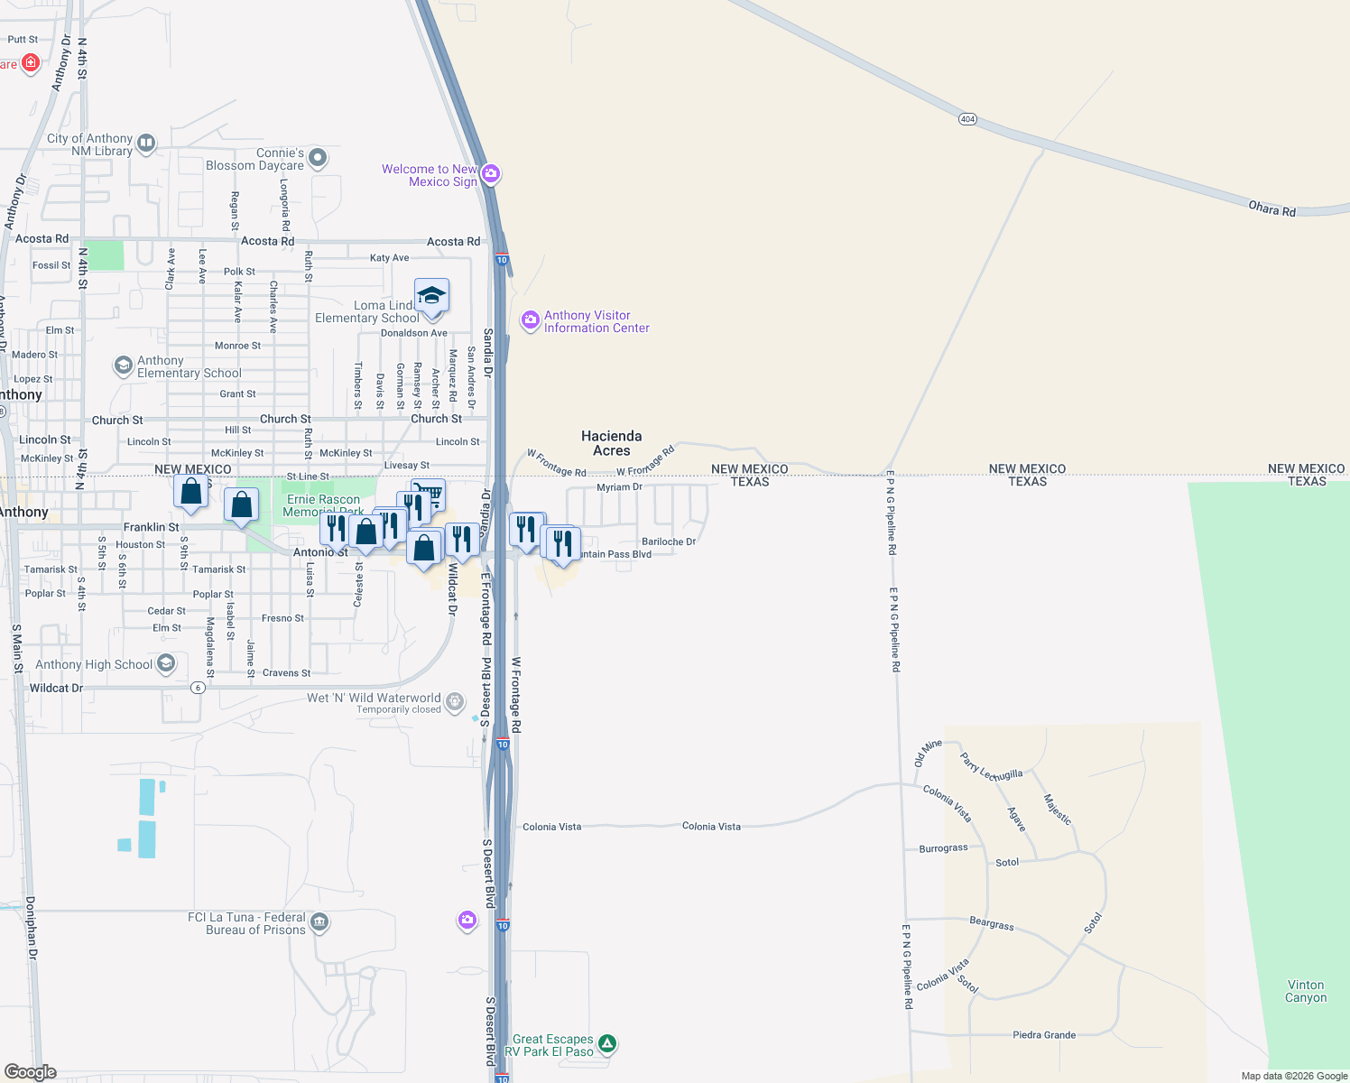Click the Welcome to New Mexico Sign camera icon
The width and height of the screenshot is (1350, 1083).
490,173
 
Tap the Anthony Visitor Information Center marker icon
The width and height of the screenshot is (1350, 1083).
531,320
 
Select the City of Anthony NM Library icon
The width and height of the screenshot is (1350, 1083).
146,143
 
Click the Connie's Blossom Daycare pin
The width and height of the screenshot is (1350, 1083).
318,159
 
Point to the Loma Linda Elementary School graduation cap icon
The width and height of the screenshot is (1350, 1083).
431,296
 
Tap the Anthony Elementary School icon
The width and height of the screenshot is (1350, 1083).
123,366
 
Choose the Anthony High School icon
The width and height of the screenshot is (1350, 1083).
166,664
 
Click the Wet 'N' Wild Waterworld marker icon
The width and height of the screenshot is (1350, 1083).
455,701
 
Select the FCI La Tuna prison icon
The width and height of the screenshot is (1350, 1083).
319,922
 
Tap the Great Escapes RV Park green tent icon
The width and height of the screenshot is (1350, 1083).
607,1044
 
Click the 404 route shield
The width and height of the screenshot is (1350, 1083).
967,119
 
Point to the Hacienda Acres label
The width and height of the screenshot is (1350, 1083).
612,443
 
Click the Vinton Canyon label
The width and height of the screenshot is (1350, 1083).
1306,991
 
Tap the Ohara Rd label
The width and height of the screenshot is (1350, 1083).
1271,209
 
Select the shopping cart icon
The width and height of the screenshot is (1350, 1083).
430,494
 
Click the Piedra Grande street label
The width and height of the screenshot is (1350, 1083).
1044,1035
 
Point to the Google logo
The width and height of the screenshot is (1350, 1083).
30,1071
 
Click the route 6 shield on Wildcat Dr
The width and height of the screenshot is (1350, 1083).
198,688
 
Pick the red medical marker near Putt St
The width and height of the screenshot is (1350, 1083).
31,62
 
